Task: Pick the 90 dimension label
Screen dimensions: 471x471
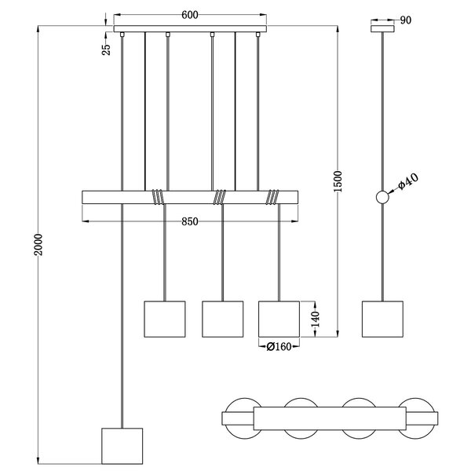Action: (405, 20)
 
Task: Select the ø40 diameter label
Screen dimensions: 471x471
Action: (409, 182)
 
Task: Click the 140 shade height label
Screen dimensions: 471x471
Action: (316, 318)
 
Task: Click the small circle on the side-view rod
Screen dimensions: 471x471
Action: (382, 199)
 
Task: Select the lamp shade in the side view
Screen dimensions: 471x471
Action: (382, 318)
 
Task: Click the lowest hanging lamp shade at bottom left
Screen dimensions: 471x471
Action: (123, 446)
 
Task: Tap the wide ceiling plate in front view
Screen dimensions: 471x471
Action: (188, 31)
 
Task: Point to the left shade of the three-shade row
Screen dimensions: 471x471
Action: (164, 318)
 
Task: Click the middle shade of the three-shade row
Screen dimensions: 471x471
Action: (221, 318)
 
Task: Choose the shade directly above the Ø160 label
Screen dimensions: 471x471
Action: (279, 318)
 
